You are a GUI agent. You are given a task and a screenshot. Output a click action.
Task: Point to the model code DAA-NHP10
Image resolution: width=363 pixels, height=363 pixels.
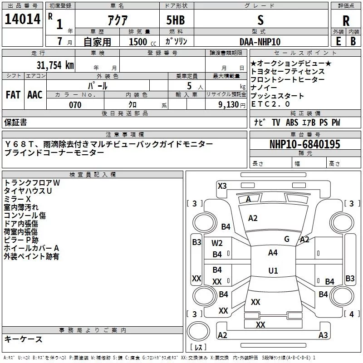260,41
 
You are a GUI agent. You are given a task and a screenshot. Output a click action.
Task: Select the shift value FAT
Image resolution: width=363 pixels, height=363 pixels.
13,95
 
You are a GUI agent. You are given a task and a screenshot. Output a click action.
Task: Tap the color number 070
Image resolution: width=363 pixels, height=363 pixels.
75,105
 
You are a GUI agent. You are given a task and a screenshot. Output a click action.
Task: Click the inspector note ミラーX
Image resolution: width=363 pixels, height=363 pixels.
17,199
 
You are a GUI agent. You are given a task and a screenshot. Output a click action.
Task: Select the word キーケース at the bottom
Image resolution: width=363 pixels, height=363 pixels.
23,339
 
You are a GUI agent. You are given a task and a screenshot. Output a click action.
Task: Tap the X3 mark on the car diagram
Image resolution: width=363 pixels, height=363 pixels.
222,186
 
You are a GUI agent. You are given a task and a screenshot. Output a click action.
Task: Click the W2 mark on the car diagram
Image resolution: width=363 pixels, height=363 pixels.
217,243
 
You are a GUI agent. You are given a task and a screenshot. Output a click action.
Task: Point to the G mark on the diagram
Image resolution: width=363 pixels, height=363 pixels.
286,239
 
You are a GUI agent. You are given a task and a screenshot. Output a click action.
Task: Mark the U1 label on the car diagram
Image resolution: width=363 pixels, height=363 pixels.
273,270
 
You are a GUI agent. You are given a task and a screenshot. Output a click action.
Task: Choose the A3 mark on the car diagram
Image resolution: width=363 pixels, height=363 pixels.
323,335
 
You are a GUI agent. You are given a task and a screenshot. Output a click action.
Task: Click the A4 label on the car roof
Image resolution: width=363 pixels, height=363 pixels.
273,253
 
